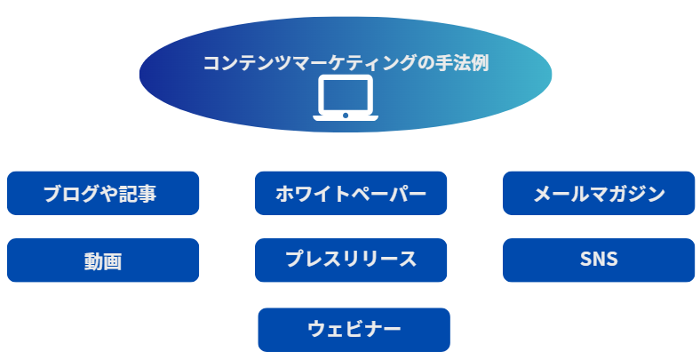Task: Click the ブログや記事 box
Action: pos(103,193)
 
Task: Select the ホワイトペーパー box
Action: pos(351,193)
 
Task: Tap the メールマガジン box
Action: pos(599,193)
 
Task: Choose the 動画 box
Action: pos(103,260)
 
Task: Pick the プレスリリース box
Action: pos(351,260)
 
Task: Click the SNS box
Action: pos(599,260)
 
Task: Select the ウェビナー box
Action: pos(354,330)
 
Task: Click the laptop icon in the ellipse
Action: pos(346,98)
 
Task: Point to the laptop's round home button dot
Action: pos(346,116)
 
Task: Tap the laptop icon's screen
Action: pos(346,95)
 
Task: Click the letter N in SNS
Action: pos(599,260)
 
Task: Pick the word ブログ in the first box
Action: pos(70,194)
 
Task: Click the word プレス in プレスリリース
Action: pos(313,259)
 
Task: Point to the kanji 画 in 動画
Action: pos(113,261)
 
